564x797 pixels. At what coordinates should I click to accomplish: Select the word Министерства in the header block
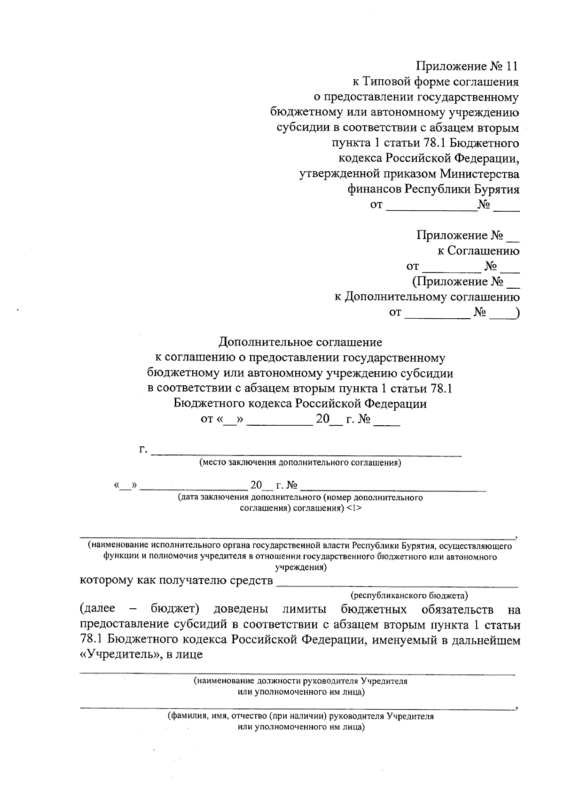click(479, 174)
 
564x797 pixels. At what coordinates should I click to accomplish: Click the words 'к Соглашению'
click(478, 251)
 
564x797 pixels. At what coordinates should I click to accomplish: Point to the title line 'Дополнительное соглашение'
click(301, 342)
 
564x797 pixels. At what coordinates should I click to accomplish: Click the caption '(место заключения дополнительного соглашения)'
click(300, 463)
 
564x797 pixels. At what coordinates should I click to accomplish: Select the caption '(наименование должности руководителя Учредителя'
click(301, 681)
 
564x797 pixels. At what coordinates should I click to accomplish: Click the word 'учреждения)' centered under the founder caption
click(301, 567)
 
